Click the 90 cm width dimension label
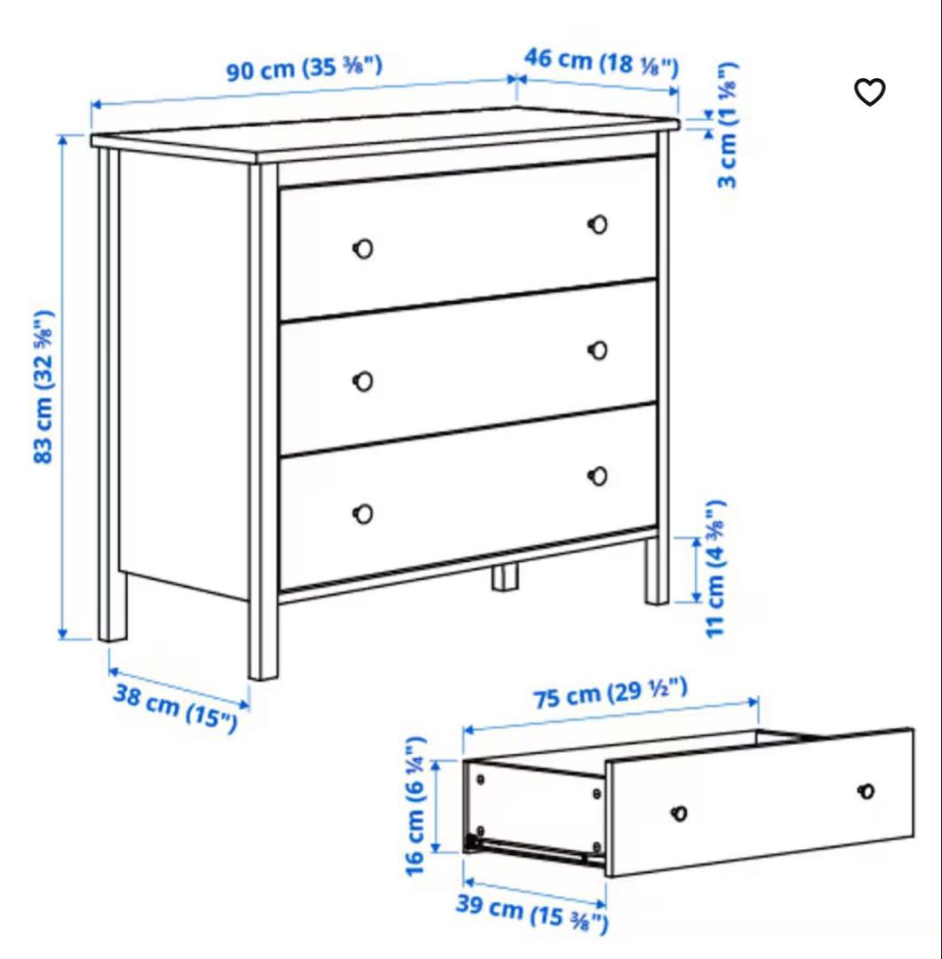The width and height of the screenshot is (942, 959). [x=304, y=67]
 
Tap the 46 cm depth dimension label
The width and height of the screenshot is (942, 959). [x=601, y=62]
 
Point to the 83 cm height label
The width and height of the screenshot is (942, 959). [x=44, y=386]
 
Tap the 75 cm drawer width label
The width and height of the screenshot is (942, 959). [x=611, y=693]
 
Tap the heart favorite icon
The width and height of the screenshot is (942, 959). [x=870, y=91]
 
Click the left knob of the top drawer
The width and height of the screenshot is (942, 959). [x=363, y=250]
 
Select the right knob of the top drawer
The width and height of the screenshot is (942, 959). [x=598, y=224]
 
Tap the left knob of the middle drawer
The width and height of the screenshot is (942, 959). [x=363, y=382]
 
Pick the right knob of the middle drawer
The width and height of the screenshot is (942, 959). [x=598, y=351]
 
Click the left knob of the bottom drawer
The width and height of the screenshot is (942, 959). [x=363, y=513]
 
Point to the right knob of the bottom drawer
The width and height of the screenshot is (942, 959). [x=598, y=477]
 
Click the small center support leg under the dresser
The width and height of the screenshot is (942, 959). [x=506, y=576]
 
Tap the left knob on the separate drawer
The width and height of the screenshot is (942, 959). [x=679, y=812]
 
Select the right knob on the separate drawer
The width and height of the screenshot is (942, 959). [x=866, y=791]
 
